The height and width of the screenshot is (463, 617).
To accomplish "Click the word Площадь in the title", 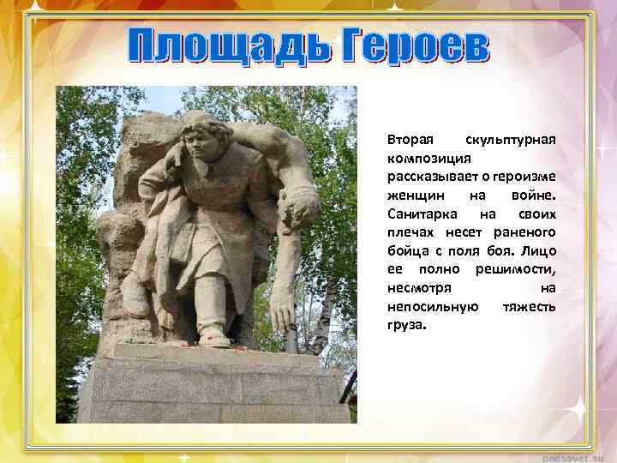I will click(x=225, y=46).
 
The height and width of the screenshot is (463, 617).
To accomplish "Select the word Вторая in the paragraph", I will click(x=409, y=139).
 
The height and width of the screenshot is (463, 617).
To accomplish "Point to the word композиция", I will click(x=426, y=158).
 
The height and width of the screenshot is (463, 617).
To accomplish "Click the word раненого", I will click(x=525, y=232).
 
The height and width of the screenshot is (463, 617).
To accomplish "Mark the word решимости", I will click(x=519, y=270).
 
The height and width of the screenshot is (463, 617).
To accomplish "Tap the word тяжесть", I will click(x=529, y=307).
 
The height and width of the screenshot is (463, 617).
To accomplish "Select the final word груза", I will click(x=405, y=326).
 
